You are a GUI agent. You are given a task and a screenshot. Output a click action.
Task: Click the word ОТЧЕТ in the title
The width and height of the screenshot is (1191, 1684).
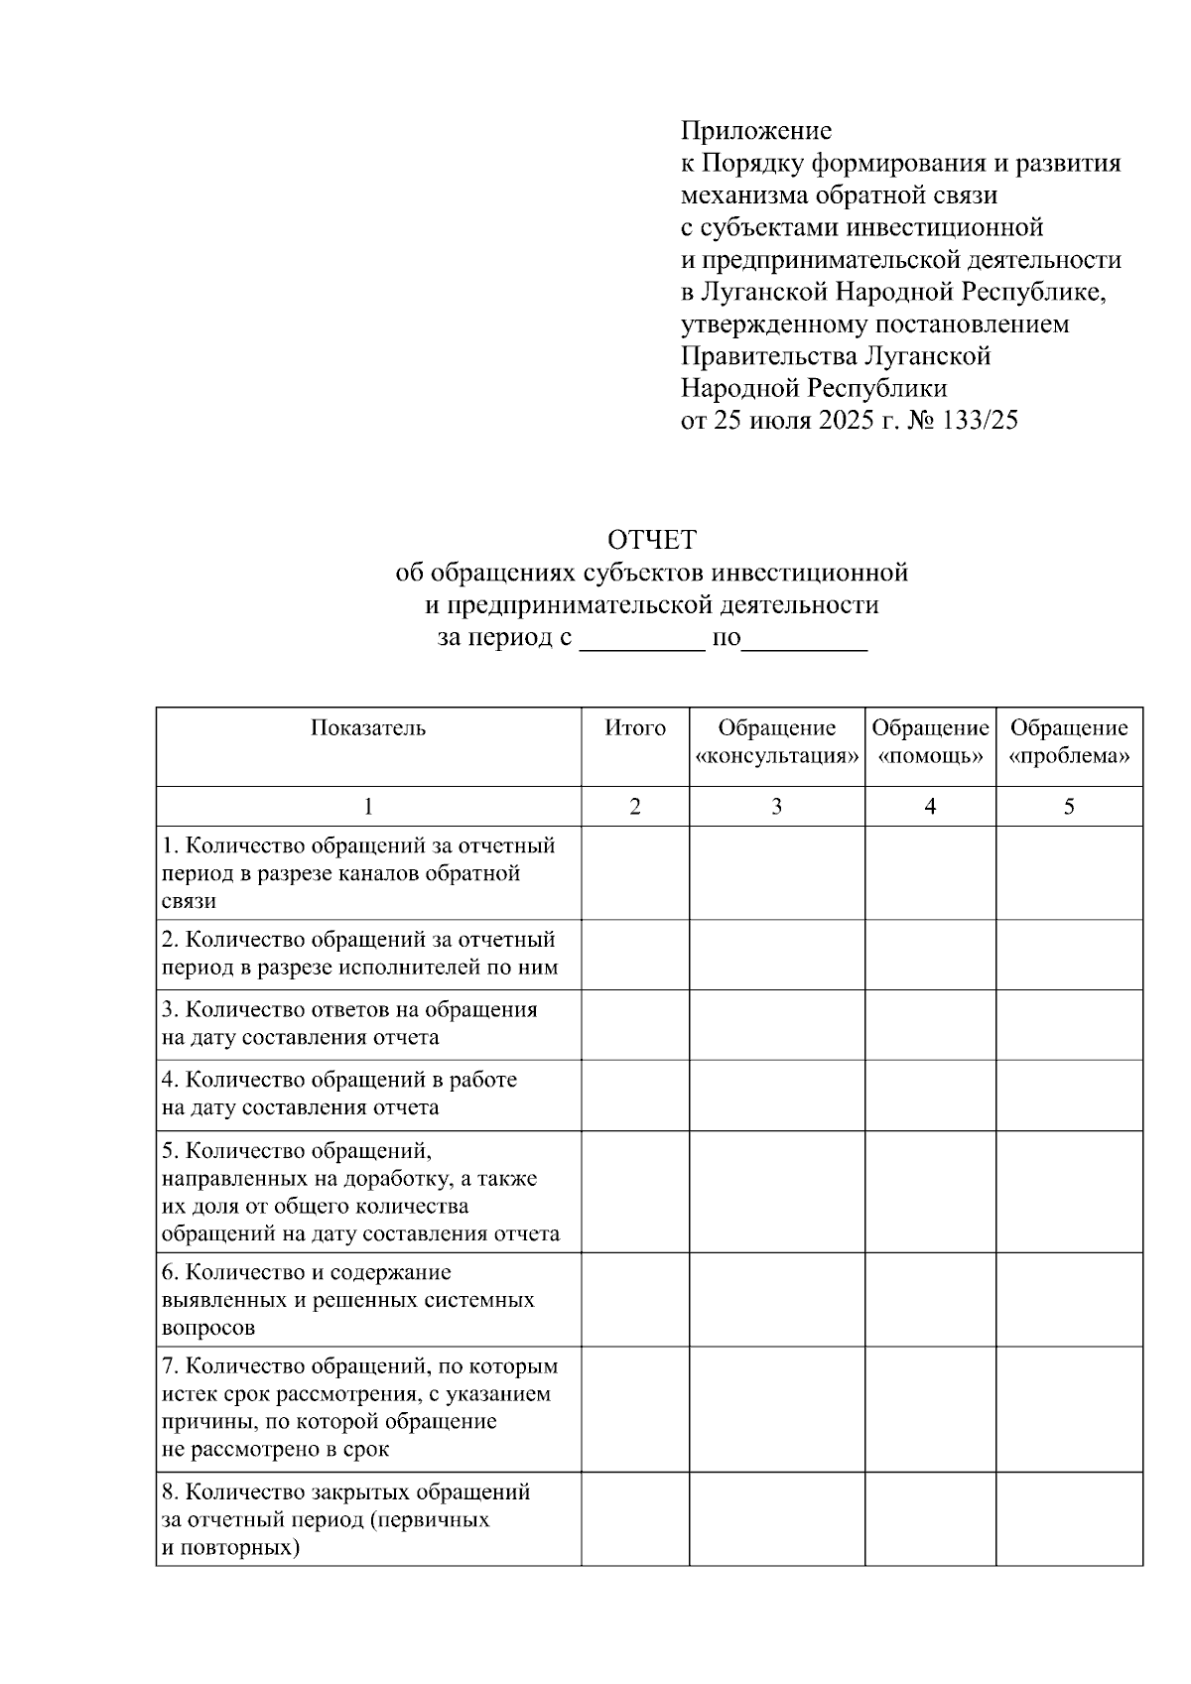pos(651,541)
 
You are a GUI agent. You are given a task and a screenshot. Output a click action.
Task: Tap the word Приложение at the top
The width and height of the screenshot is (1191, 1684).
pos(755,131)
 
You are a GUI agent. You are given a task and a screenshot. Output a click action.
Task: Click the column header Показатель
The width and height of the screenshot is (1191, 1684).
pos(368,728)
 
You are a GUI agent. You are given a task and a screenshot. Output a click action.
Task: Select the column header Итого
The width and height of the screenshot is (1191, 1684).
pos(635,728)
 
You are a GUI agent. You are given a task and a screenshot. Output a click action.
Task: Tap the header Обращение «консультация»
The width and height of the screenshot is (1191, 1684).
pos(777,742)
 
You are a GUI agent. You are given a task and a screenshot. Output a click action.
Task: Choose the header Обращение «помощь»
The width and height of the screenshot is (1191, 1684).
pos(930,742)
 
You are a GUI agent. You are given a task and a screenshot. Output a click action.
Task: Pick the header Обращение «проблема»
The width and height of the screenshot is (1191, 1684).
pos(1069,742)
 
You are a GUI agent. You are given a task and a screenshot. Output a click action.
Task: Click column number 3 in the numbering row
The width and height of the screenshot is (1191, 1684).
pos(777,807)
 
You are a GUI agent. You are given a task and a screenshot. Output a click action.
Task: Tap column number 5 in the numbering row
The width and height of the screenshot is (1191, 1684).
pos(1069,807)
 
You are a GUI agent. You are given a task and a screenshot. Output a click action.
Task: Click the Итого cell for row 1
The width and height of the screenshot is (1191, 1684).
pos(635,873)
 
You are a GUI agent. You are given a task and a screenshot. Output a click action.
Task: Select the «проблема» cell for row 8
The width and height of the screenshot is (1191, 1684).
pos(1069,1519)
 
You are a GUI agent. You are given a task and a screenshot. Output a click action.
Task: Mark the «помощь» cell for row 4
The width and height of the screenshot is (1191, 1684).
pos(930,1095)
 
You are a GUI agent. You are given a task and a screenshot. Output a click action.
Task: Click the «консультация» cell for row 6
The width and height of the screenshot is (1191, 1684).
pos(777,1299)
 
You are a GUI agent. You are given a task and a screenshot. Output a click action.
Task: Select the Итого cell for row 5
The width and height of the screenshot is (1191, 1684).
pos(635,1192)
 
